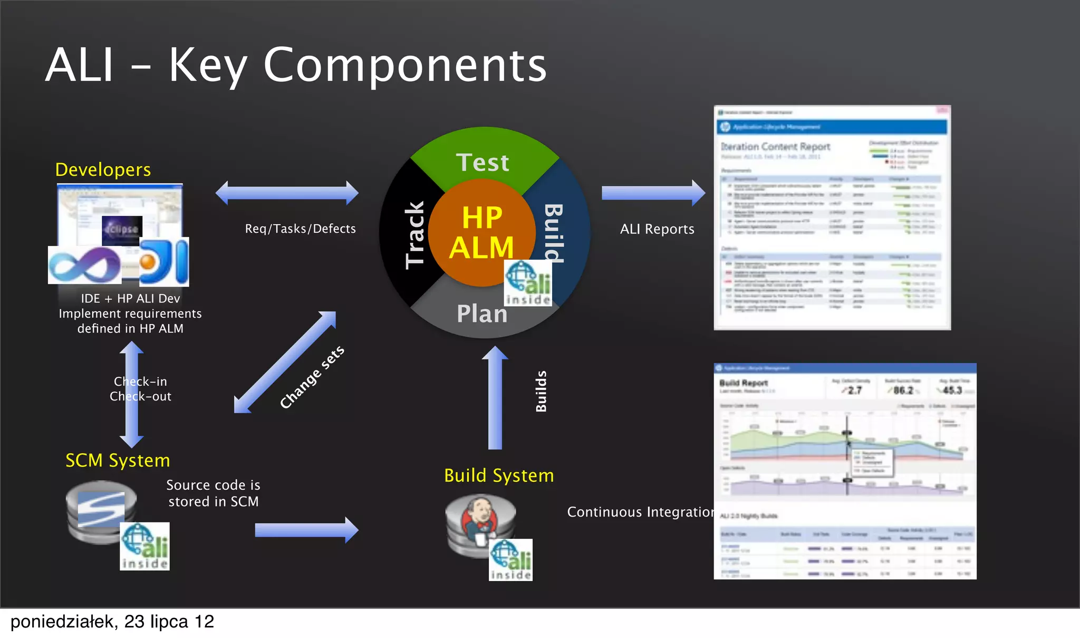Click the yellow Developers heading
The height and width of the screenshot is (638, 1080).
[x=103, y=170]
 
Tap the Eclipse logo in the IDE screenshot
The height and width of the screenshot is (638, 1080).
[x=122, y=230]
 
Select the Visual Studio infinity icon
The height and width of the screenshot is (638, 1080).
[x=84, y=265]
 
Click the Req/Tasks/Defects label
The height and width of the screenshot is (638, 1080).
[x=300, y=229]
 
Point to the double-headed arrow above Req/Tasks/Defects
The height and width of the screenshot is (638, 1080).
[x=287, y=193]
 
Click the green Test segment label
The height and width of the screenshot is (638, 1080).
[x=483, y=163]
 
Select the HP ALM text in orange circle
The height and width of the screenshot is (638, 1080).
[x=481, y=233]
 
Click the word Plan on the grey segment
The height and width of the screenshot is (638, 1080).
[x=482, y=314]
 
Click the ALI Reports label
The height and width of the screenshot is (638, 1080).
[x=657, y=230]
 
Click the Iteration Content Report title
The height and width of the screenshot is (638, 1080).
[x=775, y=147]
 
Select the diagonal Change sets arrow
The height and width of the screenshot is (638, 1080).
[x=285, y=362]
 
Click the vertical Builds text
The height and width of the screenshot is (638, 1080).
[x=541, y=391]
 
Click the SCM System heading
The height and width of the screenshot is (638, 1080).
[x=118, y=461]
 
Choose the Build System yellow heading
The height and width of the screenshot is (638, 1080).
[x=499, y=476]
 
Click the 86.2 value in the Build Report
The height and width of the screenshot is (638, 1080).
[x=903, y=391]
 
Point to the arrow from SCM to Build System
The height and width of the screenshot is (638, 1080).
[x=306, y=530]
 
